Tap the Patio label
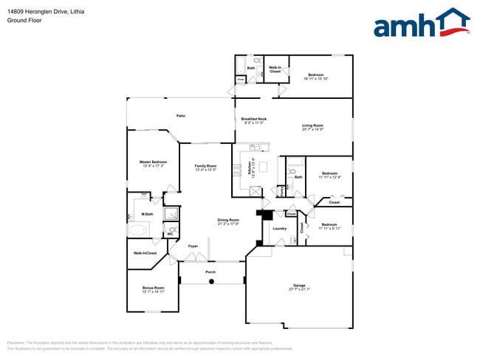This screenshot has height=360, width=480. pos(180,116)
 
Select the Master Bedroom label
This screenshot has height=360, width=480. pos(154,162)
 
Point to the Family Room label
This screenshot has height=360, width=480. pos(205,166)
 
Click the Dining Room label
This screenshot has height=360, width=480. pos(228,220)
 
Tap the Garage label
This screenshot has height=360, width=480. pos(299,285)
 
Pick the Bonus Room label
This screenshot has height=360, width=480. pos(153,288)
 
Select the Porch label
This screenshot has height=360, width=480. pos(210,272)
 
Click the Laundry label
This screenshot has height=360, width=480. pos(279,229)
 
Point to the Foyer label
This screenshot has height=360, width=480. pos(193,246)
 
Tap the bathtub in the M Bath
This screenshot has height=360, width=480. pos(139,229)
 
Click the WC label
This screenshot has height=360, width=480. pos(170,233)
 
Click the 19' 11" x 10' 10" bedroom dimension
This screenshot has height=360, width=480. pos(315,78)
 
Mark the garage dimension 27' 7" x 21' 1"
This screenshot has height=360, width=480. pos(299,288)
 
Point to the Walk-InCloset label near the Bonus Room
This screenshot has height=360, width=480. pos(145,253)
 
